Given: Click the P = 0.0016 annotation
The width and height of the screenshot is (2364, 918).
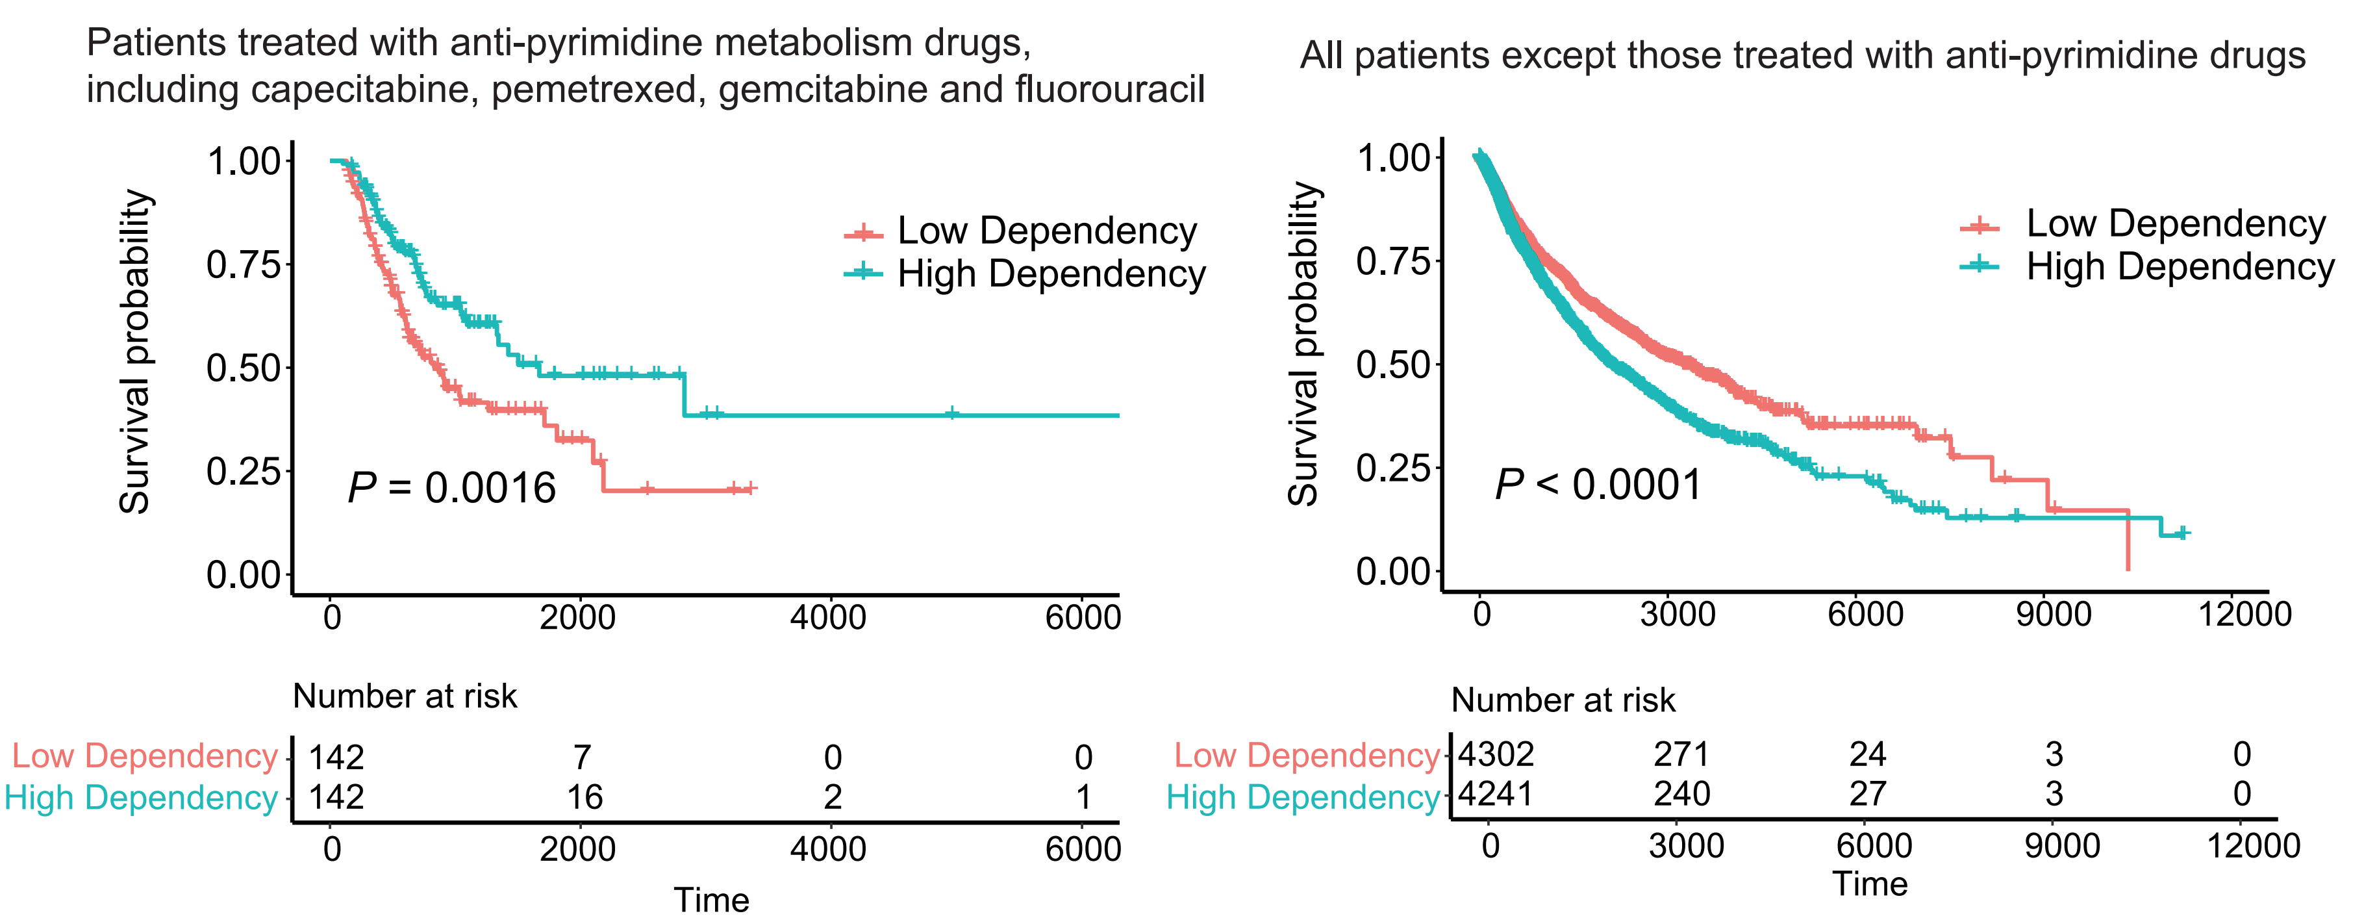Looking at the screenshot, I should pos(451,487).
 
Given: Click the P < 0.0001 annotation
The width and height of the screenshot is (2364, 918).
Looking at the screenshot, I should pos(1598,485).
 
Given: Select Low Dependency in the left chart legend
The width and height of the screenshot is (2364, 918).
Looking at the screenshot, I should pos(1046,231).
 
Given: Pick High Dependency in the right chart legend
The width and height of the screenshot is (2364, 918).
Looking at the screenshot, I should pos(2180,266).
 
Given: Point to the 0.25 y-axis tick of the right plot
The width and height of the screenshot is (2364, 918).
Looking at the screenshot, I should pos(1393,468).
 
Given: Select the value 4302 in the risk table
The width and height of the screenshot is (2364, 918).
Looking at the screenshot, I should pos(1496,754).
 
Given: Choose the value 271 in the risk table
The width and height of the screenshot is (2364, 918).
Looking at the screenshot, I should pos(1681,754).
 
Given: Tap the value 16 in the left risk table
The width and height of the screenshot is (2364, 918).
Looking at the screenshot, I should pos(584,797).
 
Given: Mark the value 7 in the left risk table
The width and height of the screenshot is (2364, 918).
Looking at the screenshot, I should pos(582,758).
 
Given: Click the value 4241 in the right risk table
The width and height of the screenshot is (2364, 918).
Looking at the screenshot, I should pos(1496,793).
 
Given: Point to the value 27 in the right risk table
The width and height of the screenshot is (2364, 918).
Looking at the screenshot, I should pos(1868,793).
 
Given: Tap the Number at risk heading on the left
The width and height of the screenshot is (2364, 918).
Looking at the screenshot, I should pos(405,696).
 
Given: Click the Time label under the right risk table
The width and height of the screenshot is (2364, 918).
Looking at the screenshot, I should pos(1870,884).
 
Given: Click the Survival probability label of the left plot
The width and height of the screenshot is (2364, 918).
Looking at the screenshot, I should pos(135,351).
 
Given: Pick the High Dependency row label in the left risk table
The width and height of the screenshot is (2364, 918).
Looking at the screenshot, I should pos(140,798).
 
